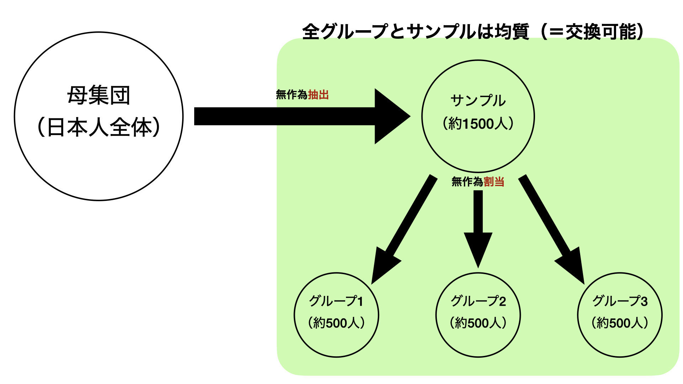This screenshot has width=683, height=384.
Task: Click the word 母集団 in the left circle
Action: pyautogui.click(x=99, y=95)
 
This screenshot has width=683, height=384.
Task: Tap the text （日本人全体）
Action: pyautogui.click(x=99, y=127)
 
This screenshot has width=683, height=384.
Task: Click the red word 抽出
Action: pyautogui.click(x=318, y=95)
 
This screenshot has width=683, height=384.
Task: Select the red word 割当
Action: pyautogui.click(x=494, y=182)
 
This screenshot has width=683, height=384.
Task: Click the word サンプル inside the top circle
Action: pyautogui.click(x=478, y=101)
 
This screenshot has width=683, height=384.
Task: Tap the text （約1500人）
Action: pyautogui.click(x=478, y=124)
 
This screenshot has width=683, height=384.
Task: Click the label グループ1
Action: pyautogui.click(x=336, y=301)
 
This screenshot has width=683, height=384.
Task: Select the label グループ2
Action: pyautogui.click(x=478, y=301)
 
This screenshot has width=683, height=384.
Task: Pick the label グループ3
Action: pyautogui.click(x=620, y=301)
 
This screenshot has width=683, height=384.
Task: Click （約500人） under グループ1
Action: pyautogui.click(x=336, y=323)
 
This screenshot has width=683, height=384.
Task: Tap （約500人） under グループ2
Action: pyautogui.click(x=478, y=323)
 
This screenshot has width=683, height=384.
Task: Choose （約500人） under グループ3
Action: pyautogui.click(x=620, y=323)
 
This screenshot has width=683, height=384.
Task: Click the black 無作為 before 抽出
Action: pyautogui.click(x=292, y=95)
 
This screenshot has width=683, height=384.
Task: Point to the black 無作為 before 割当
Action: pyautogui.click(x=467, y=182)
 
